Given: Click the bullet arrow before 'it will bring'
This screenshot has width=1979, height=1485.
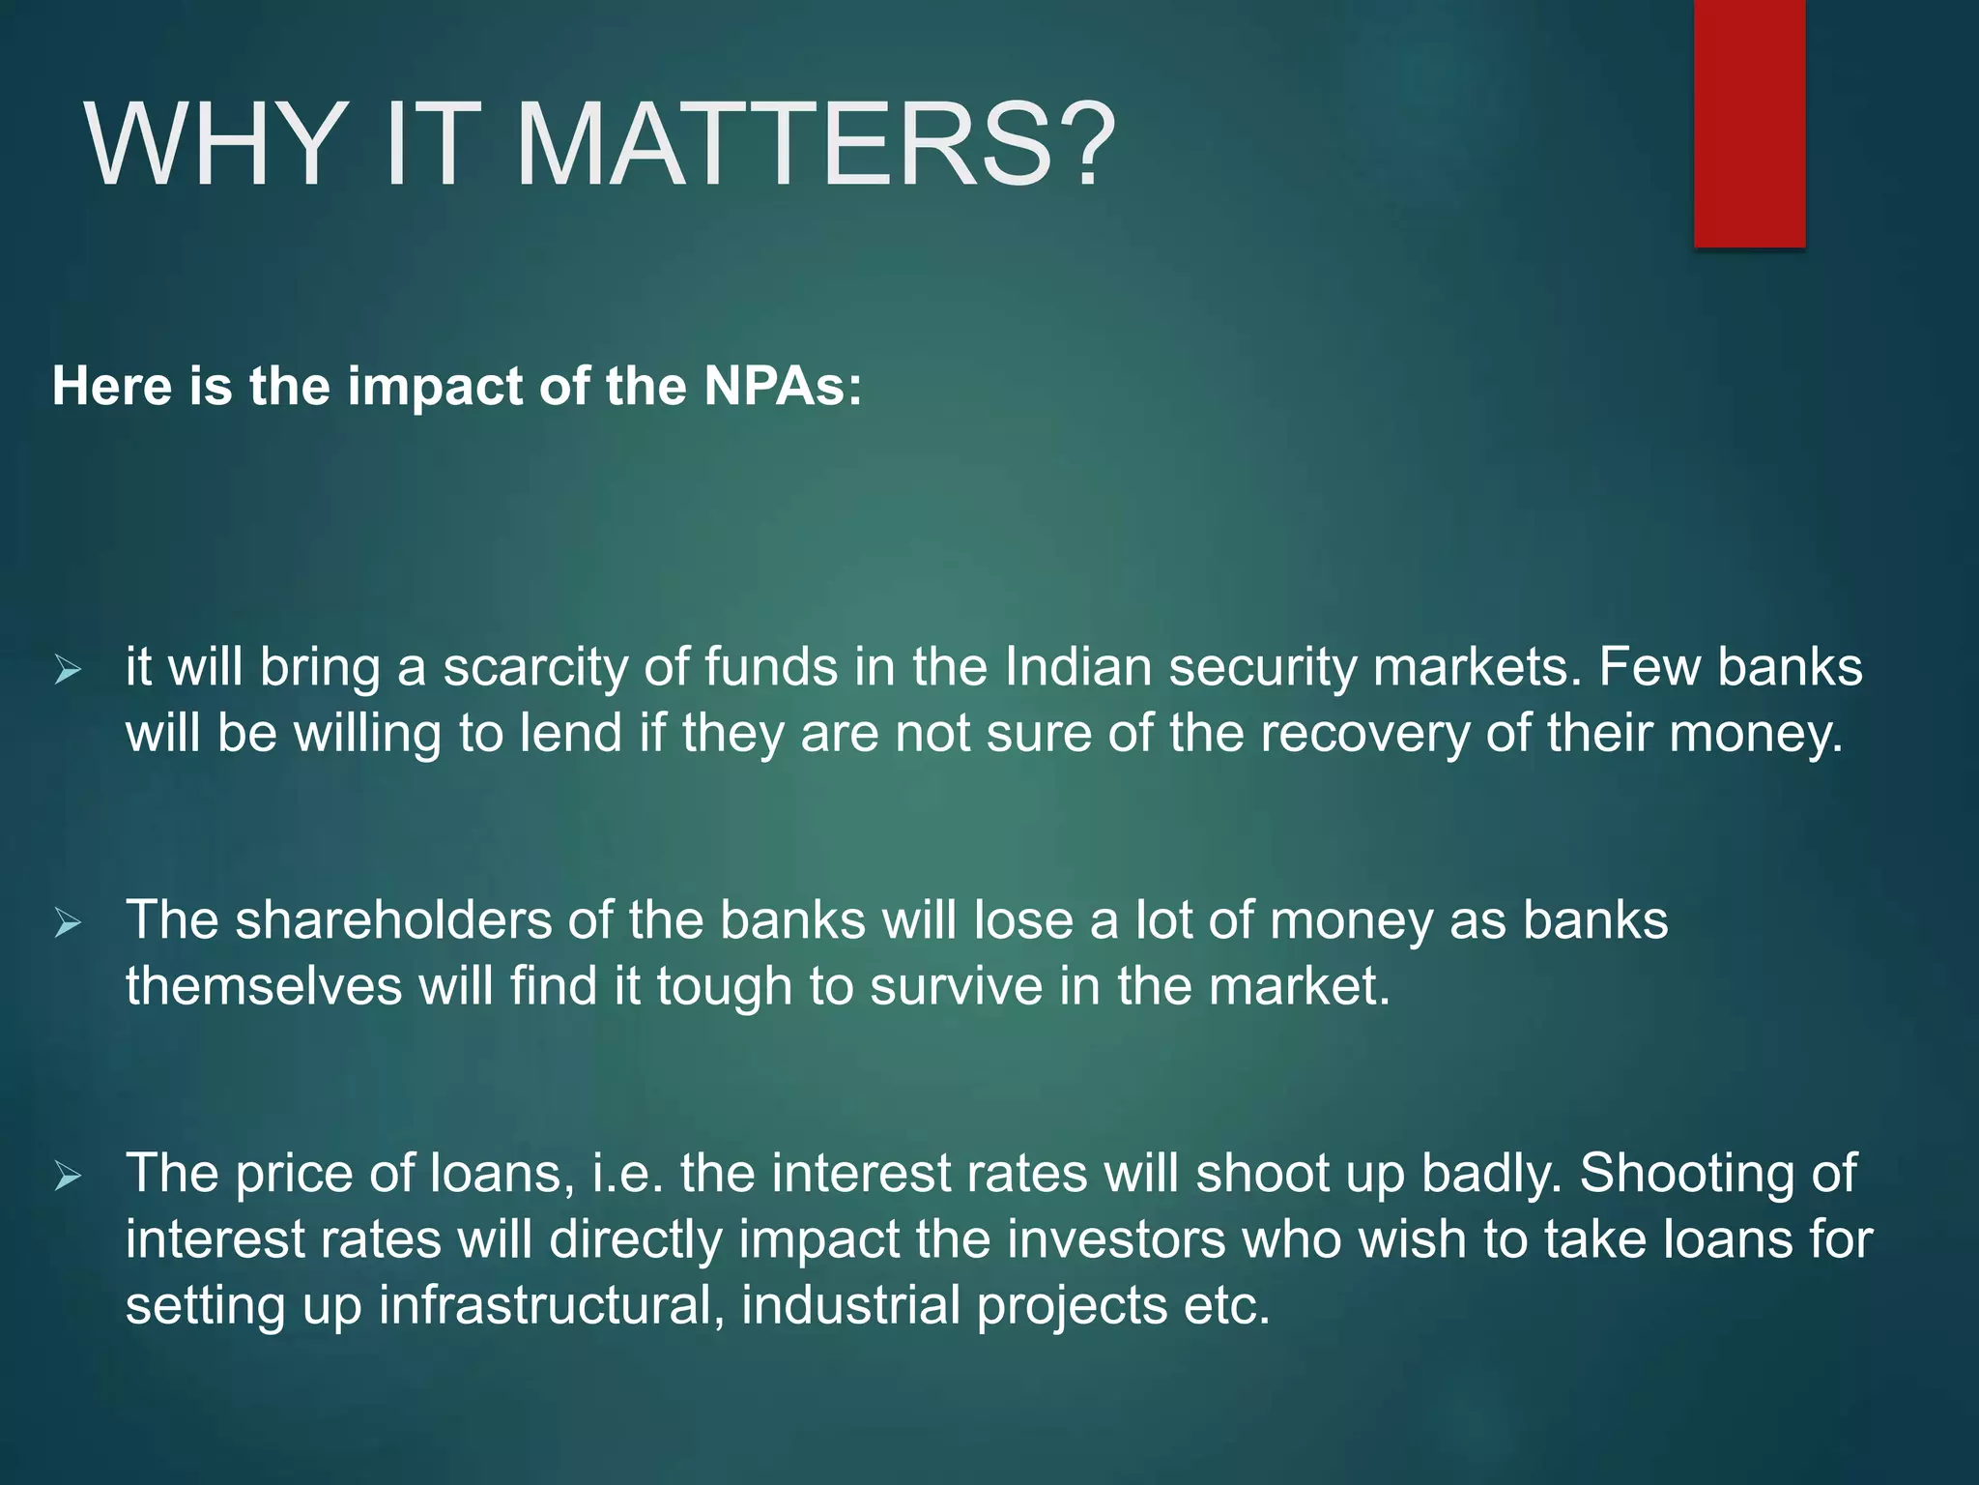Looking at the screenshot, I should [69, 669].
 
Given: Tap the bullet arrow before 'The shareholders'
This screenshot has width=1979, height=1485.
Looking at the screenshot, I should [69, 922].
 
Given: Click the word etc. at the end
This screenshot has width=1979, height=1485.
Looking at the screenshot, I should [1226, 1305].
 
